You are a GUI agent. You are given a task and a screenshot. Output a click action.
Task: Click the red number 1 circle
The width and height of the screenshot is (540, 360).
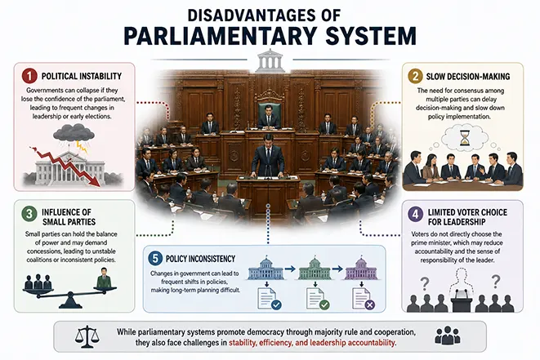29,76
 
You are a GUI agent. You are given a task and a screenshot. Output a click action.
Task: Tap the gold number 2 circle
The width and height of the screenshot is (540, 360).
415,76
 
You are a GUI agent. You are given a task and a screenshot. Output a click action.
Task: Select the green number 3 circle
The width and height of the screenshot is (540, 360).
29,214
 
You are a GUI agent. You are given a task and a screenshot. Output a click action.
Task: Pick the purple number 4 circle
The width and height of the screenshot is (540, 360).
416,214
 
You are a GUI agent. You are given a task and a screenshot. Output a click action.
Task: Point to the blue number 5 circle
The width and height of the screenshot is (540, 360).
155,258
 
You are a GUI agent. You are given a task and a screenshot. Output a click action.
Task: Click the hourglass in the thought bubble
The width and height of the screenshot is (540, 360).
465,138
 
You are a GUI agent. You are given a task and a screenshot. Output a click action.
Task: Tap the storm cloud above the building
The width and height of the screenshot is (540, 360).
74,133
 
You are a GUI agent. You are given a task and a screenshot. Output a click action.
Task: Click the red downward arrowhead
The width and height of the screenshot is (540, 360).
99,181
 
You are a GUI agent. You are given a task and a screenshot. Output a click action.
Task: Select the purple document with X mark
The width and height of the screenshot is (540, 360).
364,298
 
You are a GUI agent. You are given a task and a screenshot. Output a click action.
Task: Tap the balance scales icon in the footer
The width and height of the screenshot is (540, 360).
87,336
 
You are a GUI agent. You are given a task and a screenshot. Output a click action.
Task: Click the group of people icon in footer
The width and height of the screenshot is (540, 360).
448,336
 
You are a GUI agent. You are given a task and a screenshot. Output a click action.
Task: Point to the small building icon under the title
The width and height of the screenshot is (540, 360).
270,60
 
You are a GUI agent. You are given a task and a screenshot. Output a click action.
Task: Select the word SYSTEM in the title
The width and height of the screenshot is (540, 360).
371,35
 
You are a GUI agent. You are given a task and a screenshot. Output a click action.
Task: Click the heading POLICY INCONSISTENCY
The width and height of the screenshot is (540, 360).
200,259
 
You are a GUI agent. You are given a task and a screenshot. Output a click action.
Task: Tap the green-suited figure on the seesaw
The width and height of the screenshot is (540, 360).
104,278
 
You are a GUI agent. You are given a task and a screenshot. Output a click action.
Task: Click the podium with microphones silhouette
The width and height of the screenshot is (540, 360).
462,300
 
